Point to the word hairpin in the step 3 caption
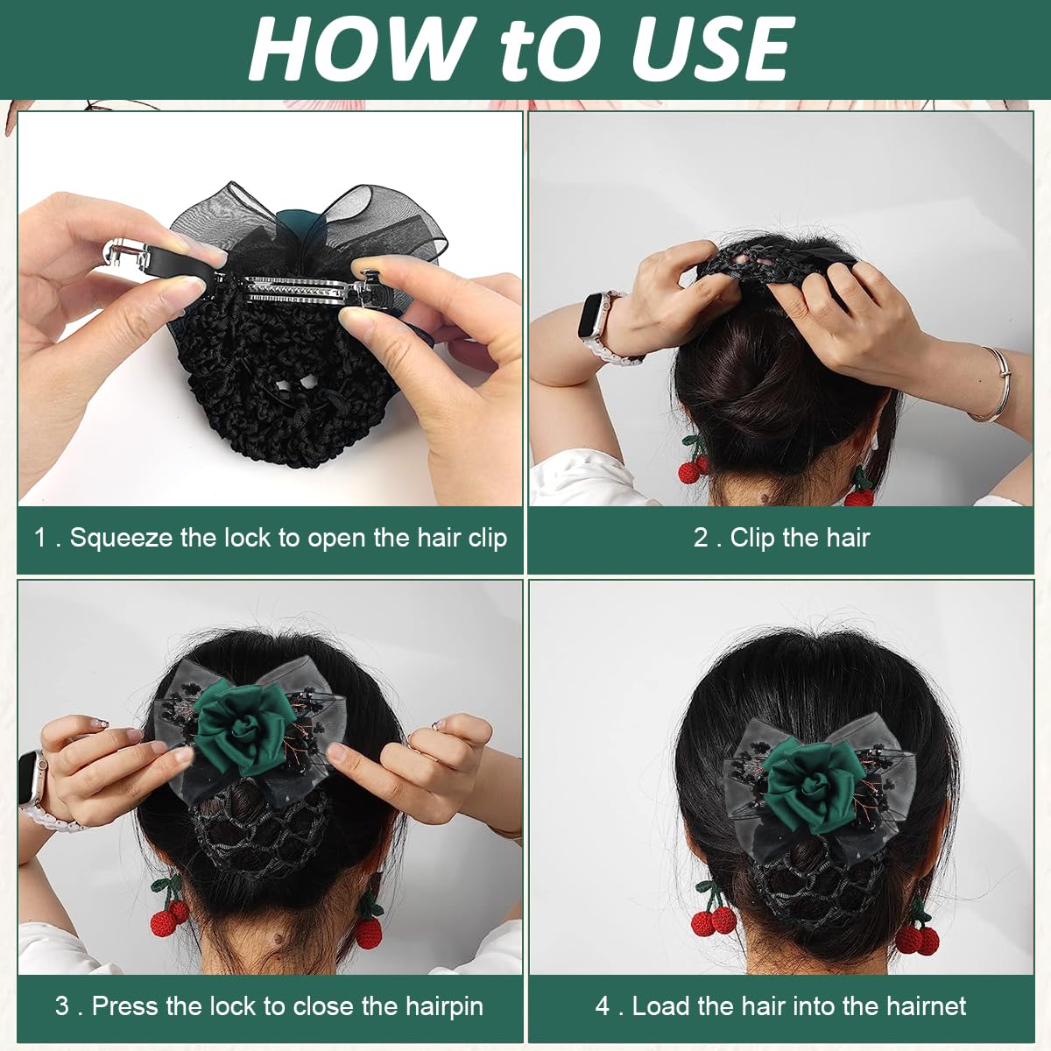pyautogui.click(x=444, y=1005)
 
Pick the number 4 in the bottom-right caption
pyautogui.click(x=603, y=1005)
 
